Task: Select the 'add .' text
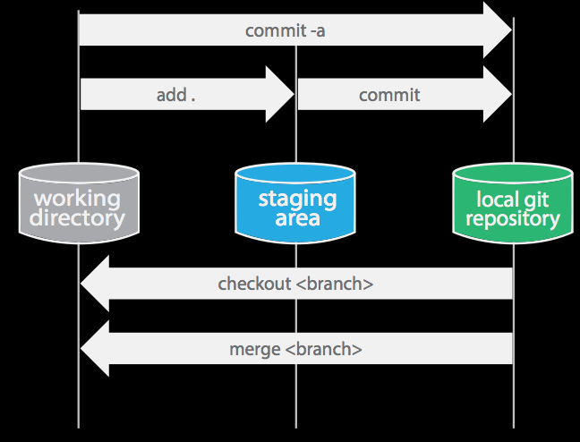[x=175, y=95]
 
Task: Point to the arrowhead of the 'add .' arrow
[x=280, y=94]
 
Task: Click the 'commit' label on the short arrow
[x=389, y=95]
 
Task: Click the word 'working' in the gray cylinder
[x=78, y=198]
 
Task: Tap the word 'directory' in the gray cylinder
[x=78, y=217]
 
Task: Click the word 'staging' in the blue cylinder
[x=297, y=198]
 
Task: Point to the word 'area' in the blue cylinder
[x=296, y=217]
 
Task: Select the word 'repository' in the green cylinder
[x=513, y=217]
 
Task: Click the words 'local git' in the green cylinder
[x=513, y=199]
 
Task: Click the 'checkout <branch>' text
[x=295, y=285]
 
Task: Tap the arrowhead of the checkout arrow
[x=95, y=285]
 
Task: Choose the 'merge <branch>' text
[x=295, y=349]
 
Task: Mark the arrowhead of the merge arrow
[x=95, y=349]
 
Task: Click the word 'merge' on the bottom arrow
[x=256, y=349]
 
